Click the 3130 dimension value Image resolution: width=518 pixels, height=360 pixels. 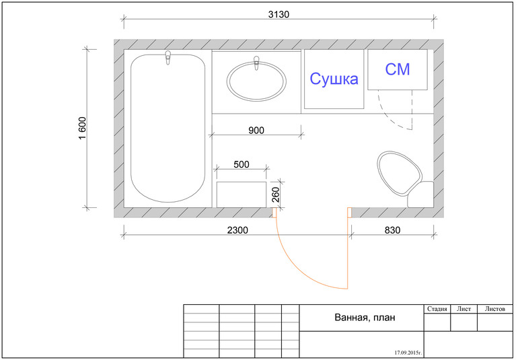tap(279, 15)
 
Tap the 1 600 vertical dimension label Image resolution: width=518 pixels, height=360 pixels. tap(82, 129)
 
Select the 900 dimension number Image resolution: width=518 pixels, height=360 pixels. tap(256, 131)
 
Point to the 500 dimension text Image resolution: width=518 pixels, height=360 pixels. tap(241, 164)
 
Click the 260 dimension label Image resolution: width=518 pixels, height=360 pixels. tap(276, 194)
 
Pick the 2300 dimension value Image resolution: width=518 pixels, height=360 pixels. tap(237, 230)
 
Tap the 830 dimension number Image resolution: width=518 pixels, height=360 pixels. tap(392, 230)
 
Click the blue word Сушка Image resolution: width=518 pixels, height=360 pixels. tap(334, 79)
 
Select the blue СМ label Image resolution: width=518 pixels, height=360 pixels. tap(398, 69)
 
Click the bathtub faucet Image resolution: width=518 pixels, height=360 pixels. tap(168, 58)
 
